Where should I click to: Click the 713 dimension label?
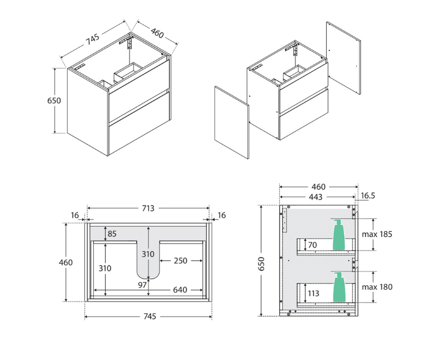(x=148, y=208)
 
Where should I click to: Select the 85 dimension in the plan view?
(x=112, y=233)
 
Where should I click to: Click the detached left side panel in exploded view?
(x=232, y=122)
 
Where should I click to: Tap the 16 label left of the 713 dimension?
(x=75, y=215)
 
